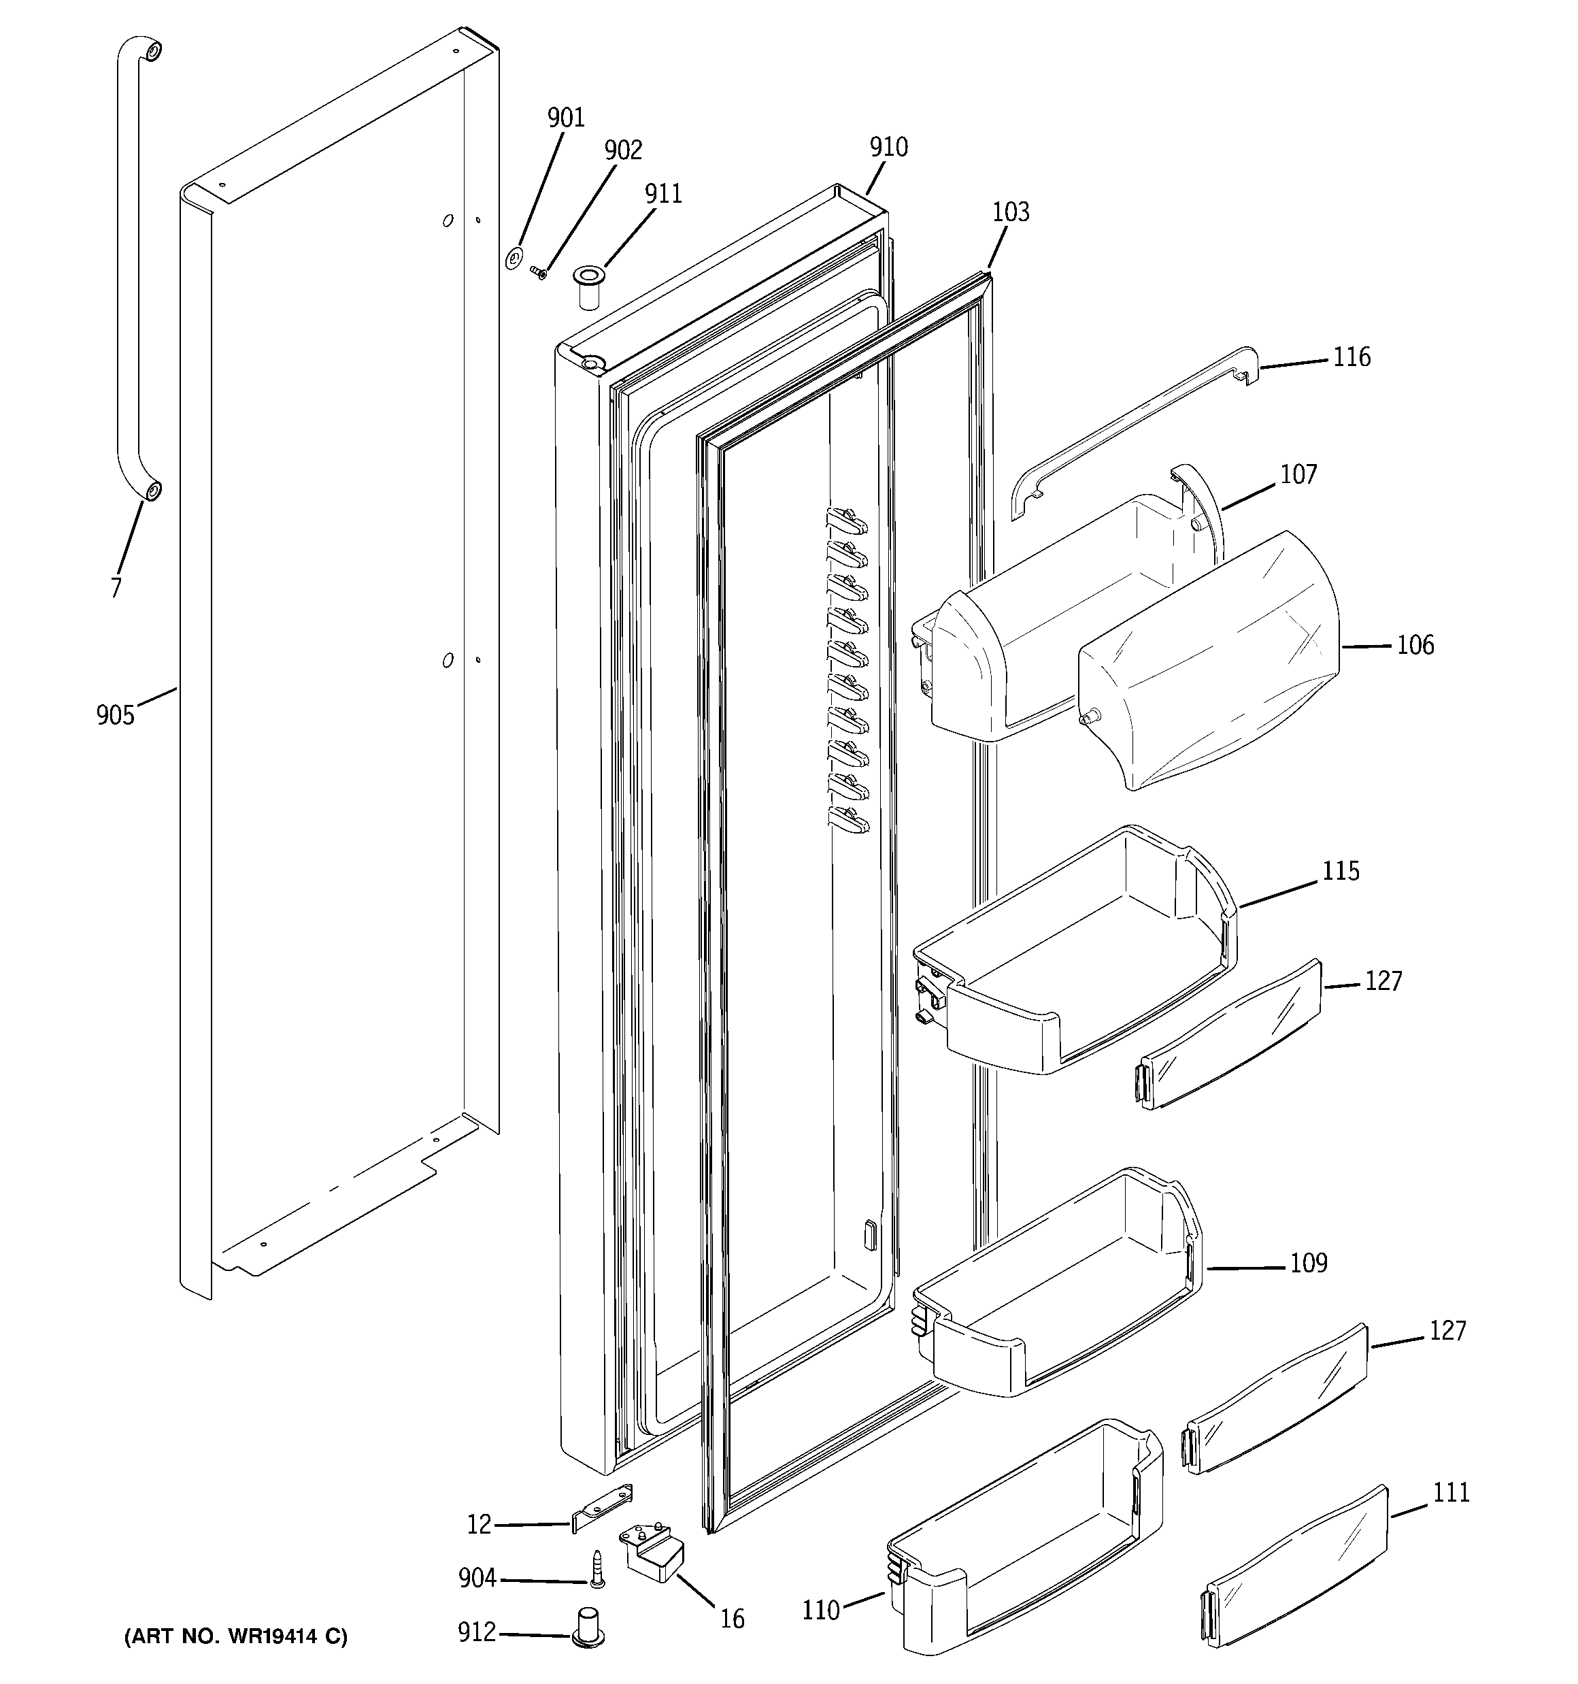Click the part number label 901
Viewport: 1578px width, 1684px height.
[566, 118]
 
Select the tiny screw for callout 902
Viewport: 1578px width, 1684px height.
[537, 272]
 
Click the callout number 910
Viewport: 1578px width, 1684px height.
[888, 148]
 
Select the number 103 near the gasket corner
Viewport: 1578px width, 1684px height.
[1011, 212]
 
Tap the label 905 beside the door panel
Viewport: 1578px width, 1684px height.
[115, 716]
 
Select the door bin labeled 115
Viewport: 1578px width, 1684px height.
[1076, 957]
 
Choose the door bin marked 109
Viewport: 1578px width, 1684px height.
[1059, 1287]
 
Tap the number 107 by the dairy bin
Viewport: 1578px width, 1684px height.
[1298, 474]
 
